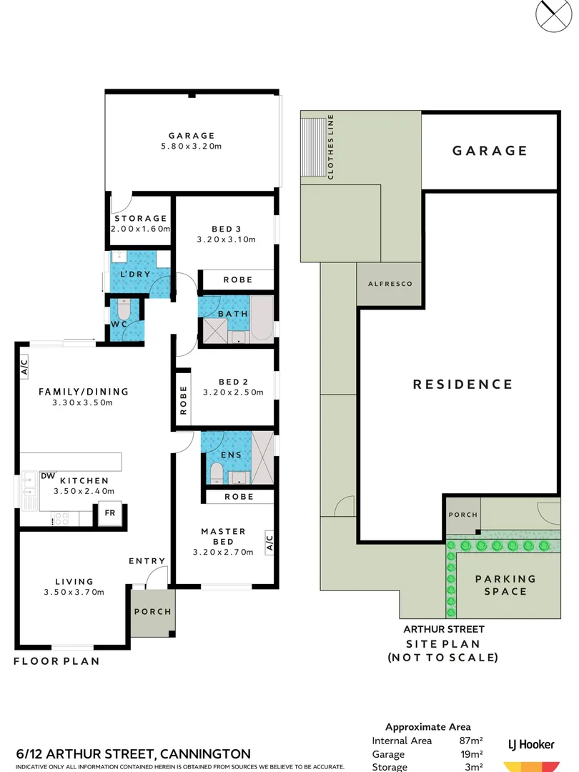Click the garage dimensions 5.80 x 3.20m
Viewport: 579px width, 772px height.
tap(192, 147)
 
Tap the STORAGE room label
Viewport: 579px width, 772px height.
tap(140, 219)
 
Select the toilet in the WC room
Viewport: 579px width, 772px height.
tap(124, 312)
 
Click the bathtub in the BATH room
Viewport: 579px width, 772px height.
tap(262, 317)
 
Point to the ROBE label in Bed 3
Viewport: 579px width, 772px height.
tap(237, 279)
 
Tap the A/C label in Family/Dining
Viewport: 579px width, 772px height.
tap(24, 367)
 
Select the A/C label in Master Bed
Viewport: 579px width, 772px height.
tap(269, 543)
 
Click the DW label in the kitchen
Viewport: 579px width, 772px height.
tap(48, 475)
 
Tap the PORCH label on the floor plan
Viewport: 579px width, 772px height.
tap(152, 611)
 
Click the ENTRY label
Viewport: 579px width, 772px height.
tap(147, 561)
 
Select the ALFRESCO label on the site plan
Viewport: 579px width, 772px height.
tap(390, 284)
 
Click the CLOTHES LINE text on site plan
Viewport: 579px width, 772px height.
tap(331, 147)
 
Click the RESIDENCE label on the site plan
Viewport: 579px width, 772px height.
tap(462, 385)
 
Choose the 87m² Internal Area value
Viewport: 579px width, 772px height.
tap(471, 741)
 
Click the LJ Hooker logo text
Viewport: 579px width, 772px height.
tap(530, 745)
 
